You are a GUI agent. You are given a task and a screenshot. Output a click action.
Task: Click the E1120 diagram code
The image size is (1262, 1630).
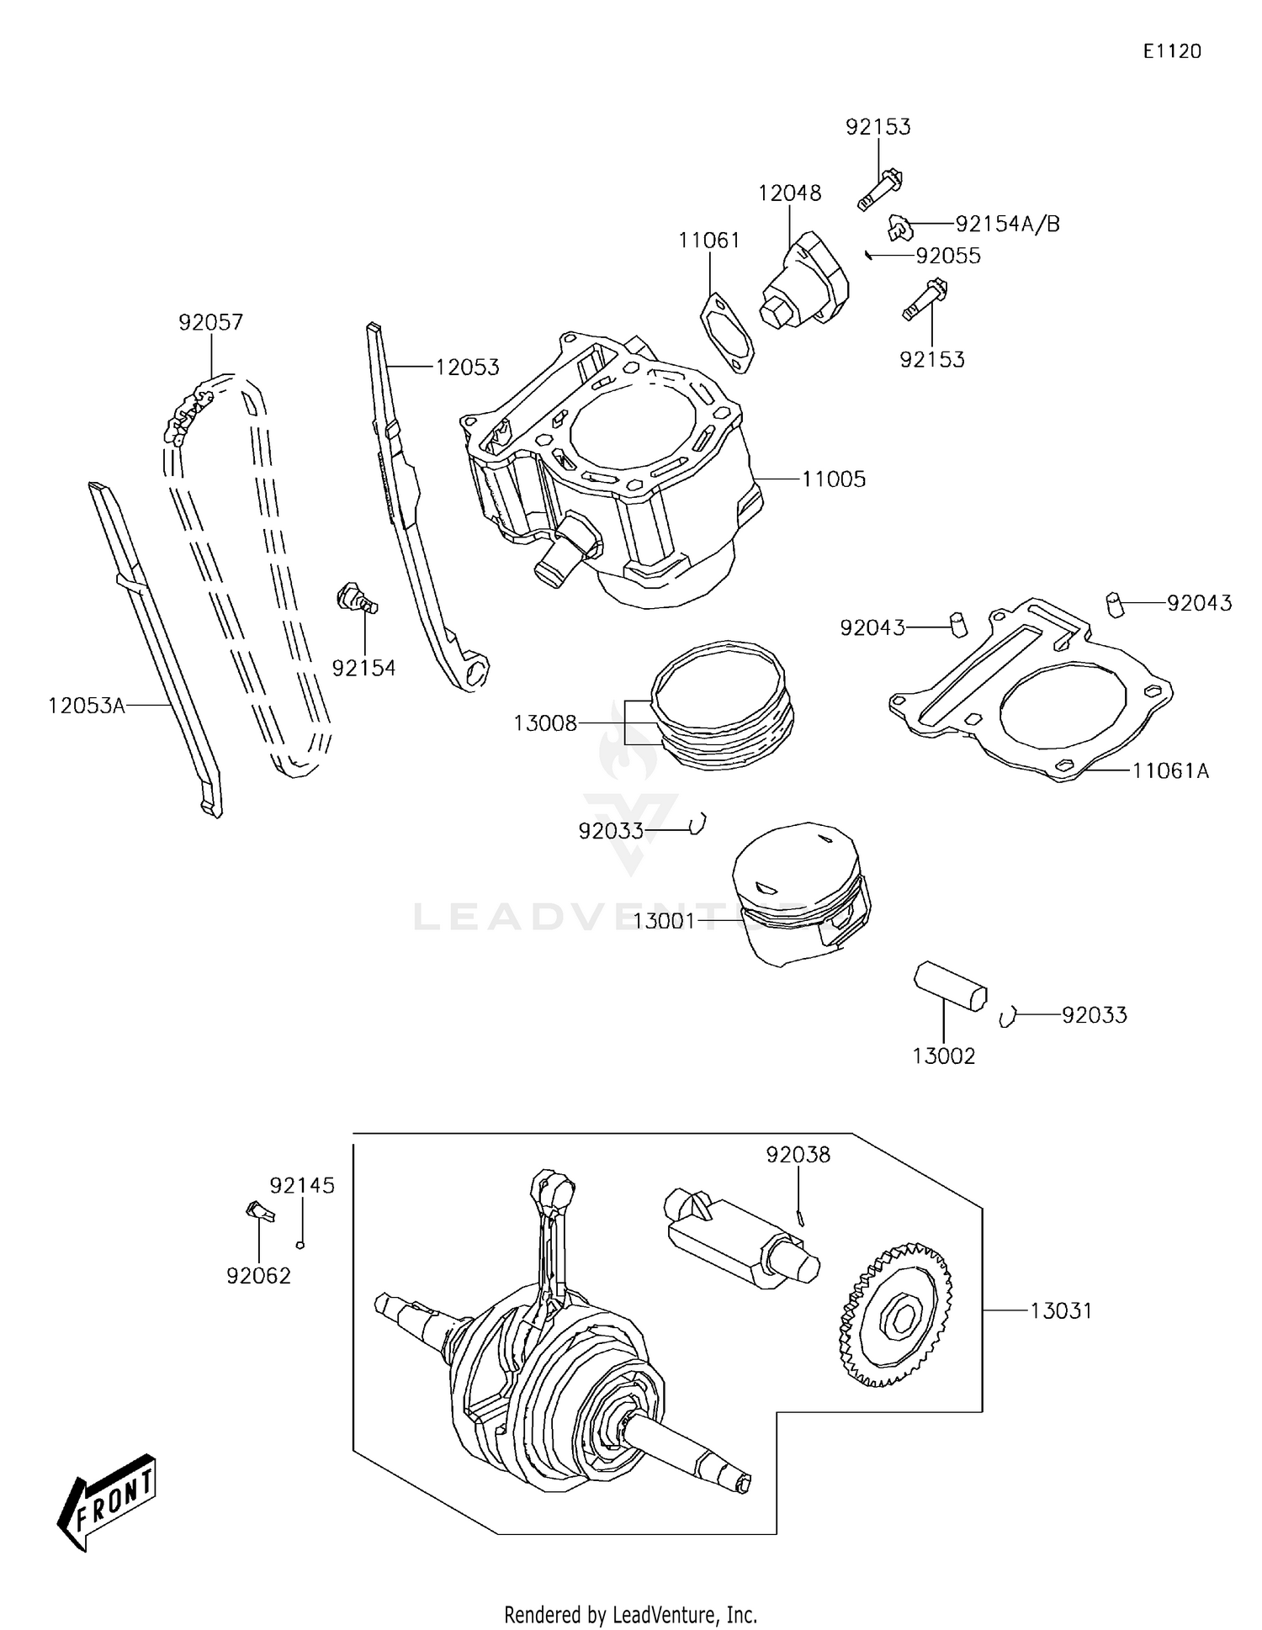click(x=1171, y=51)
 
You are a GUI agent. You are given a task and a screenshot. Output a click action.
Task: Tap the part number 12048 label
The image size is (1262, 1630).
click(x=789, y=193)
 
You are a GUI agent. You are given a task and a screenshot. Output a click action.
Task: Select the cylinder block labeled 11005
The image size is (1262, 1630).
click(x=606, y=471)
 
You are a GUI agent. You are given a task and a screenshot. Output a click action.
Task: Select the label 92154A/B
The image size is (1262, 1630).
click(x=1007, y=224)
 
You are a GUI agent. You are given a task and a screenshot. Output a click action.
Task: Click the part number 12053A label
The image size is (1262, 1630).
click(x=86, y=706)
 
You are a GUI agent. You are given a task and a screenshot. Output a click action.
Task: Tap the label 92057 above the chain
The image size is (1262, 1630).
click(x=210, y=322)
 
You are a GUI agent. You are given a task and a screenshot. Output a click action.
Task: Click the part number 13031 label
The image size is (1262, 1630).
click(x=1061, y=1310)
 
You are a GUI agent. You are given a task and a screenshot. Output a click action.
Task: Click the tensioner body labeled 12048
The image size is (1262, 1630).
click(x=803, y=282)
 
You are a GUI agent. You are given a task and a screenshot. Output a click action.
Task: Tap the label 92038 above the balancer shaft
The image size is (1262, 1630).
click(x=798, y=1155)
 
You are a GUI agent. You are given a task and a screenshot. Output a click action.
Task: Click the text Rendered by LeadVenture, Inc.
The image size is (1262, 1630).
click(x=630, y=1614)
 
